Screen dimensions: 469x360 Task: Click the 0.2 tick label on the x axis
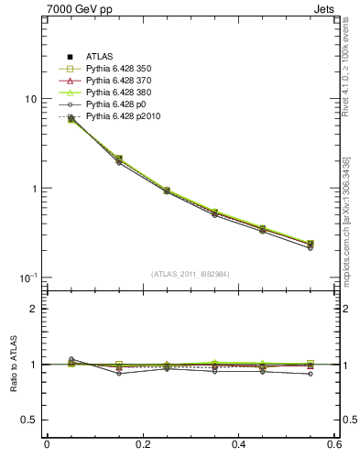pos(142,444)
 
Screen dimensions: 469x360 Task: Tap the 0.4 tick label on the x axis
pos(238,444)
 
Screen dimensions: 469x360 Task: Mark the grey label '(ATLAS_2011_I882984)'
pos(191,274)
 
